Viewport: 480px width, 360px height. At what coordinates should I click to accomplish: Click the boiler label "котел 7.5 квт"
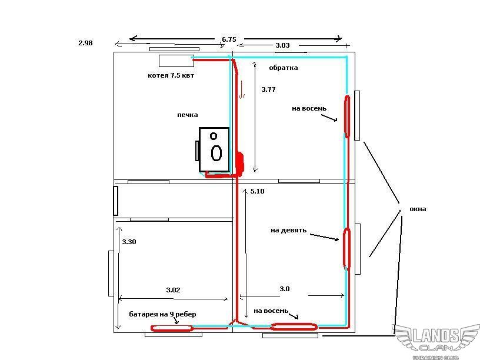coord(171,75)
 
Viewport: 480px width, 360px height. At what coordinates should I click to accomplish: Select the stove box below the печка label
coord(214,149)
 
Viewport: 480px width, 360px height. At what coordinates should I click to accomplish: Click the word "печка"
coord(187,115)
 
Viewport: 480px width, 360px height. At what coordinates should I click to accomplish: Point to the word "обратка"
coord(284,68)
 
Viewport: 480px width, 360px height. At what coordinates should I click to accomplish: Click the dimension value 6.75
coord(229,39)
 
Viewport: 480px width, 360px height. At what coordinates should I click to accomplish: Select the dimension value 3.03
coord(282,45)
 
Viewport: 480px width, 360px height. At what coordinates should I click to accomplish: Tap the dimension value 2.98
coord(85,43)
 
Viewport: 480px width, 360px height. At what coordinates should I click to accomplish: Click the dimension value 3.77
coord(268,89)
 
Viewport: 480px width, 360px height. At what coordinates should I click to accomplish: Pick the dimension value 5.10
coord(257,191)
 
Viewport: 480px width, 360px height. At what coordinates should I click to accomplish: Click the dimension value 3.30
coord(129,242)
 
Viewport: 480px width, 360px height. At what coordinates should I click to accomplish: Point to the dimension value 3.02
coord(174,290)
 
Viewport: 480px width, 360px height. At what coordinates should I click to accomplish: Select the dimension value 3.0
coord(285,289)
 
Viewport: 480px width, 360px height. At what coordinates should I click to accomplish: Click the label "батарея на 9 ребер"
coord(162,314)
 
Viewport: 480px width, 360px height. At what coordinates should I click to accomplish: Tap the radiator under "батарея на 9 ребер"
coord(172,328)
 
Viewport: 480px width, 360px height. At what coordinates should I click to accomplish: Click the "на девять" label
coord(288,230)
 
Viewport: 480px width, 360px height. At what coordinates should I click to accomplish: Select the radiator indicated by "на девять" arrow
coord(346,249)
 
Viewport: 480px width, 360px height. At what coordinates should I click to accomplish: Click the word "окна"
coord(418,209)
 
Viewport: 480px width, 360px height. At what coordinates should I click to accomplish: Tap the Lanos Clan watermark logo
coord(436,341)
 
